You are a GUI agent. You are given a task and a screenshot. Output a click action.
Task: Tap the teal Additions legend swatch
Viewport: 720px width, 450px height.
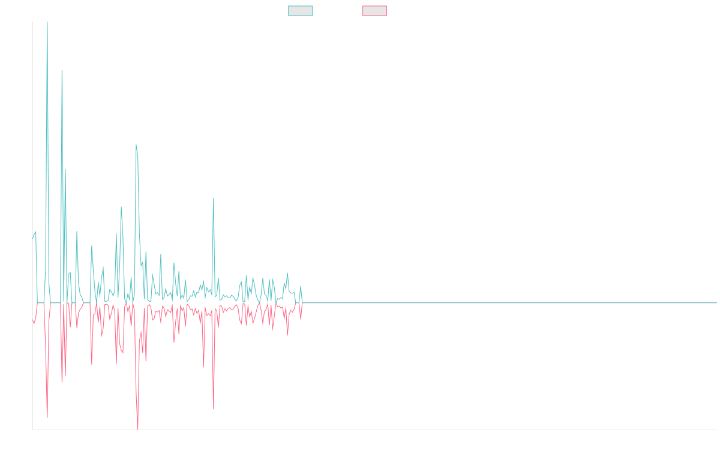point(301,11)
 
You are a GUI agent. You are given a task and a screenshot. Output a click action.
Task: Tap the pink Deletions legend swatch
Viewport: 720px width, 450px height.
point(375,11)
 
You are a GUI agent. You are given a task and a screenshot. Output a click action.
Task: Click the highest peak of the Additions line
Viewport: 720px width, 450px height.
point(47,23)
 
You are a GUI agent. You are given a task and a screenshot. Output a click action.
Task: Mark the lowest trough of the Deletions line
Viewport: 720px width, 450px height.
point(138,429)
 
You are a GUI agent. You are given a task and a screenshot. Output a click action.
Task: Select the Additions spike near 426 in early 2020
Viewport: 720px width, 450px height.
point(214,199)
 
